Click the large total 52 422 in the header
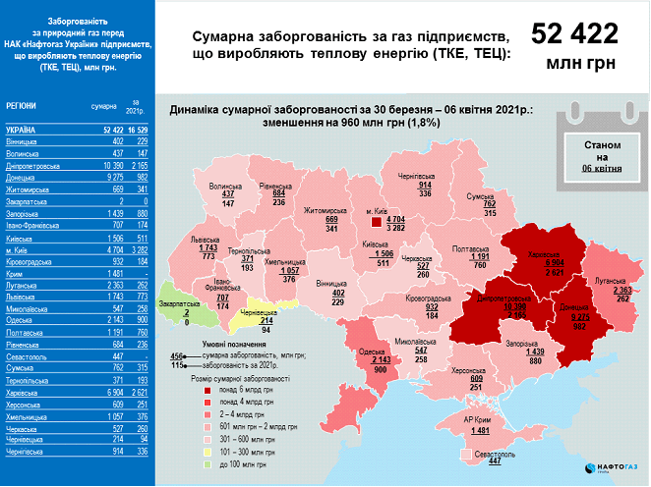576,34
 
